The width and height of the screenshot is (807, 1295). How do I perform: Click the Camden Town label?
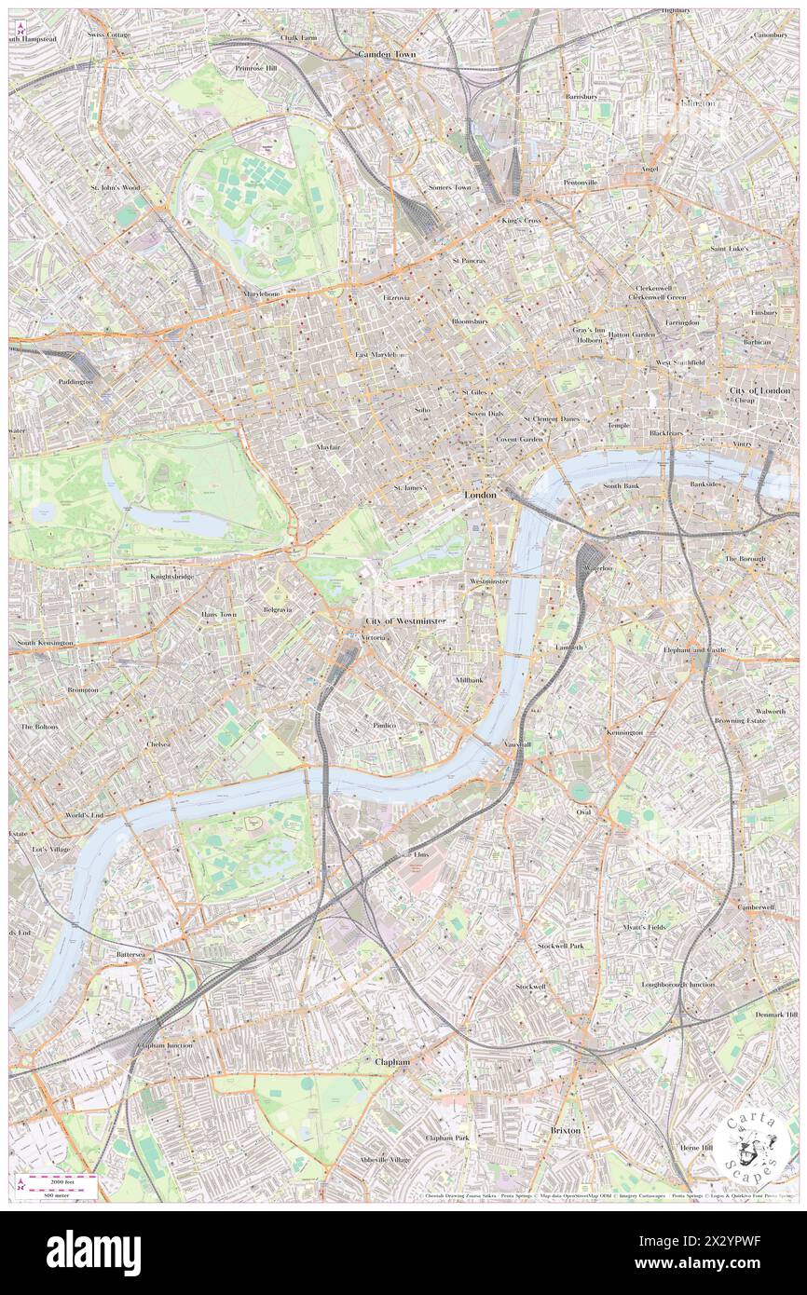pos(387,55)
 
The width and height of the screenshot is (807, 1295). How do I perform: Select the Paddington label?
pos(75,382)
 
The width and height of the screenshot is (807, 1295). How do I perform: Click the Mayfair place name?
pos(327,447)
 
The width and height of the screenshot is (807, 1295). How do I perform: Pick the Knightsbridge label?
pos(172,577)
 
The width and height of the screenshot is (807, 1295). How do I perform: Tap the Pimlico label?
pos(385,725)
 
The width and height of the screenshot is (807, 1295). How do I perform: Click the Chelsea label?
pos(159,744)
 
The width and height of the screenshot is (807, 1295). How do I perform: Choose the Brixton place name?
pos(565,1130)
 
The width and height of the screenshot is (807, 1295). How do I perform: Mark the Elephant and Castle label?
pos(694,649)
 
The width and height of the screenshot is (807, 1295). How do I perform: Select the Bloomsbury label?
pos(470,321)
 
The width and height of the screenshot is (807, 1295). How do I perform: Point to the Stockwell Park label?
pos(560,946)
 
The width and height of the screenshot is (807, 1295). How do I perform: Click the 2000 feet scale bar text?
pos(63,1180)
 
